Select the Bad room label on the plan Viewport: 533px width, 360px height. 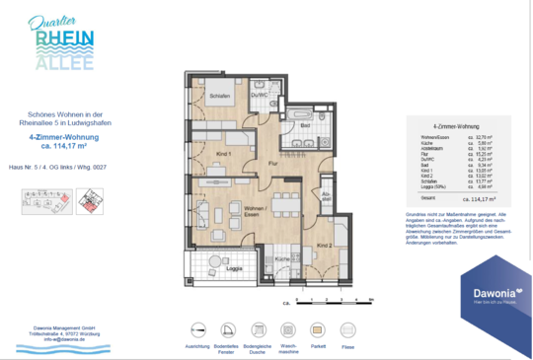(306, 126)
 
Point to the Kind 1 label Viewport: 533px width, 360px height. (223, 154)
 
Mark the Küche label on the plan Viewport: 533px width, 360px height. (280, 258)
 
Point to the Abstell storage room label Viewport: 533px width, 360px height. (326, 196)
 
